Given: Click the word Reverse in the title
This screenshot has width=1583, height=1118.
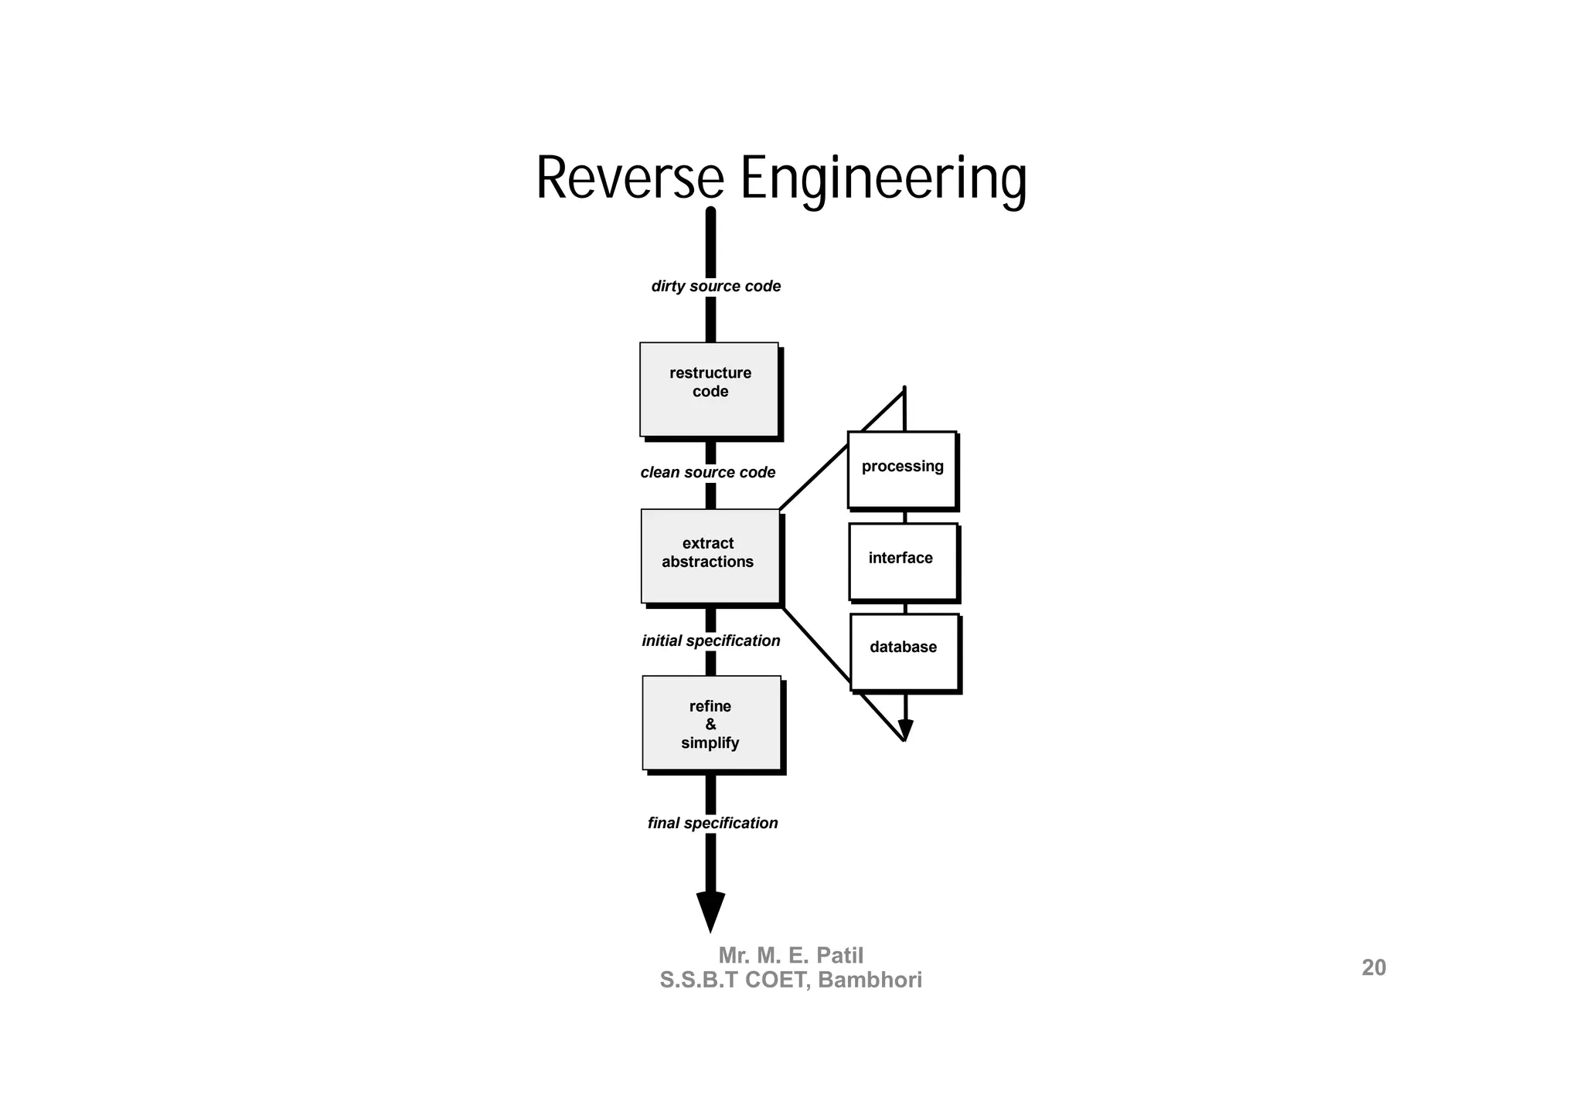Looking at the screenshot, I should (x=629, y=179).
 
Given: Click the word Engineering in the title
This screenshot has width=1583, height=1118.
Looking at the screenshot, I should (x=883, y=179).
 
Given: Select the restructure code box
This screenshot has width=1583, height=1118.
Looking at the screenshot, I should (x=709, y=389).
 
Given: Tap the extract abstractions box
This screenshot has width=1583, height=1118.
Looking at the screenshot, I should (x=710, y=556).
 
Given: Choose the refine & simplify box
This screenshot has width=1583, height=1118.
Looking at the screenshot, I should (x=711, y=723).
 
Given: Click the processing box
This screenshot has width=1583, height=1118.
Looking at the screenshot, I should (x=902, y=470).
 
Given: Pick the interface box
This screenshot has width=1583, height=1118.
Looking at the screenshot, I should (x=902, y=561).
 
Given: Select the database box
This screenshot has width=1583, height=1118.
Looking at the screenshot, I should (x=904, y=651).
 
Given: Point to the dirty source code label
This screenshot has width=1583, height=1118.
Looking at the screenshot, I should (x=716, y=287).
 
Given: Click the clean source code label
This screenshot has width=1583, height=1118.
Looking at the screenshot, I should (x=707, y=473).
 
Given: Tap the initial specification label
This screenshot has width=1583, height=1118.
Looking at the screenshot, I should (x=710, y=641).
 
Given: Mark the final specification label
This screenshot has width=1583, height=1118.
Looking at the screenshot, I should (x=712, y=824).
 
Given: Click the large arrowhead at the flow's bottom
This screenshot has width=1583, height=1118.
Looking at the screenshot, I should (x=710, y=910).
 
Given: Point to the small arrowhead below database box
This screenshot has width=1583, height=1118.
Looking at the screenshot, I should (x=905, y=729).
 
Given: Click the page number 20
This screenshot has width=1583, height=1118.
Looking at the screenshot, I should (x=1374, y=968).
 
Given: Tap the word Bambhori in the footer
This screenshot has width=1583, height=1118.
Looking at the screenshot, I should (x=870, y=980).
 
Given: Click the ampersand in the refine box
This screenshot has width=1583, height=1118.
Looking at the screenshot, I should (x=710, y=725).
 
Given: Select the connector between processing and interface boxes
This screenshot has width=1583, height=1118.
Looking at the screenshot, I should (x=904, y=517).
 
